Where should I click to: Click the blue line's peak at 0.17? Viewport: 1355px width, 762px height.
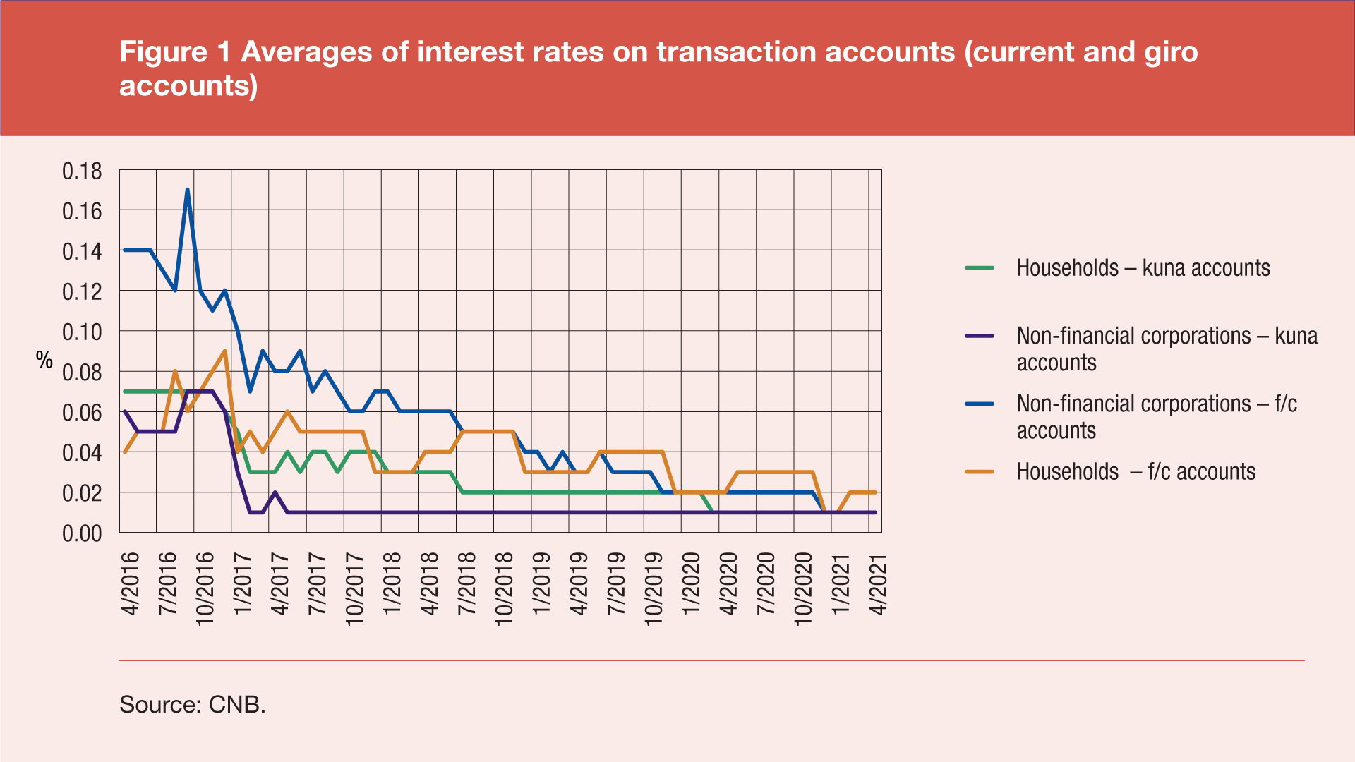(x=187, y=190)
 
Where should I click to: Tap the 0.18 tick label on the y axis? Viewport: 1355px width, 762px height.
(x=82, y=171)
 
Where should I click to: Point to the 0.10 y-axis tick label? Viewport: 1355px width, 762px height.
(x=82, y=332)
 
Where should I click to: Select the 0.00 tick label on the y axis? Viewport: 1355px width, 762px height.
(x=82, y=533)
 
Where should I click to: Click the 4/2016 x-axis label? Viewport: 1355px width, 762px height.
(x=131, y=584)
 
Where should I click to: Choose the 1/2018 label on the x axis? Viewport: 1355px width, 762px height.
(x=392, y=584)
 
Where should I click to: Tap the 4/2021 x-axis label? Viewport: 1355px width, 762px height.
(x=878, y=584)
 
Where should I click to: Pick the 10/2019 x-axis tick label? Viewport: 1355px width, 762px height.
(x=654, y=588)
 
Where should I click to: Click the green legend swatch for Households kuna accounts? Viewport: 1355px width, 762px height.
(x=980, y=268)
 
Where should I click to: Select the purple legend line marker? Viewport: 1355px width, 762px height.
(x=980, y=336)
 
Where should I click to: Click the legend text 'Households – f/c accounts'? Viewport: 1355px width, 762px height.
(x=1136, y=471)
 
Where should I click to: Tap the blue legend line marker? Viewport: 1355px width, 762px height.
(x=980, y=404)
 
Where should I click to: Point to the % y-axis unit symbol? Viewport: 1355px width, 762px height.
(x=44, y=361)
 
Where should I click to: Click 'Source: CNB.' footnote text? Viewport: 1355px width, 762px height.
(x=192, y=704)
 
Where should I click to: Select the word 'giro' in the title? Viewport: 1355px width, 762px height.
(x=1172, y=52)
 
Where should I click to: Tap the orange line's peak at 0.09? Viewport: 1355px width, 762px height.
(x=224, y=351)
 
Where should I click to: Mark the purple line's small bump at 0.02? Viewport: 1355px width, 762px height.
(x=275, y=492)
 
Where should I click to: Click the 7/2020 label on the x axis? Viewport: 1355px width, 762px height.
(x=766, y=584)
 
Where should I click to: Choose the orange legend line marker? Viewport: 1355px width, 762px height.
(x=980, y=471)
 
